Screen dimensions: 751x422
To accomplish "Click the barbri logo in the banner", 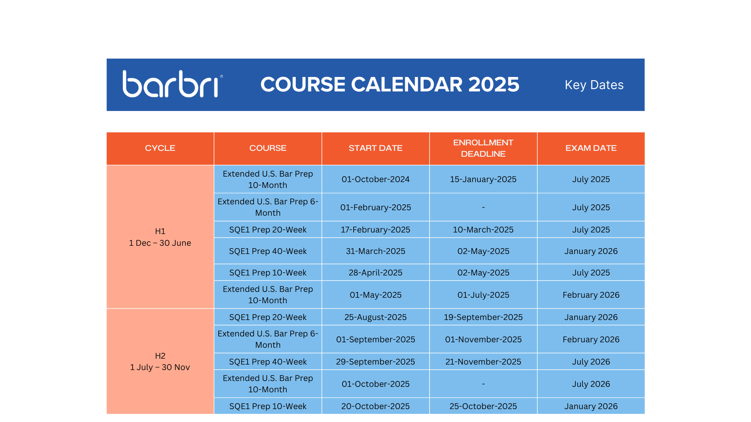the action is [x=172, y=84].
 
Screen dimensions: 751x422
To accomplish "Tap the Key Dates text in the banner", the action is [x=594, y=85].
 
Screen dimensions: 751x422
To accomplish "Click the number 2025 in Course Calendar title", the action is [x=494, y=84].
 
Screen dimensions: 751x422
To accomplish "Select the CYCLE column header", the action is [x=160, y=148].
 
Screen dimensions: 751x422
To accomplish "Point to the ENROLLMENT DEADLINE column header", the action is [x=483, y=148].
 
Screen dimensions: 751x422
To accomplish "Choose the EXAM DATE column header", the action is [x=591, y=148].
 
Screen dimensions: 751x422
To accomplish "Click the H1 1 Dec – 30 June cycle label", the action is [x=160, y=237].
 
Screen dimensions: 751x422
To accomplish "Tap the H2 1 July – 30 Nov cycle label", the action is [x=160, y=361].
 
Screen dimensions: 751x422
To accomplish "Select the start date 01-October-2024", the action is [x=375, y=179].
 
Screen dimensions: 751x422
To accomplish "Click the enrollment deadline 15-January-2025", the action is [x=483, y=179].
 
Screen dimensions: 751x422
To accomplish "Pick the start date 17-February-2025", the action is [x=375, y=230].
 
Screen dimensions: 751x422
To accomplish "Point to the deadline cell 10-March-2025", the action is [x=483, y=230].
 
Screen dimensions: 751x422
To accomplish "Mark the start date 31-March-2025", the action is [x=375, y=251].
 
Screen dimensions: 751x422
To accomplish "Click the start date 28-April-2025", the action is [x=375, y=273].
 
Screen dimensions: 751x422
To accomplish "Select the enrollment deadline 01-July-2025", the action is [x=483, y=295].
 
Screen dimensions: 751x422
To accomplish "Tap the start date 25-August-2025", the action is [x=375, y=317].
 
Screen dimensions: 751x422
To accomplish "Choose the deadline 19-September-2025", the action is [x=483, y=317].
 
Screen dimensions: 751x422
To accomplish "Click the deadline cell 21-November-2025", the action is [x=483, y=362].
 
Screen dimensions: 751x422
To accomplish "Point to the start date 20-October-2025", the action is [x=375, y=406].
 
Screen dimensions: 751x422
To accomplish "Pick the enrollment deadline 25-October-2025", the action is [x=483, y=406].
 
